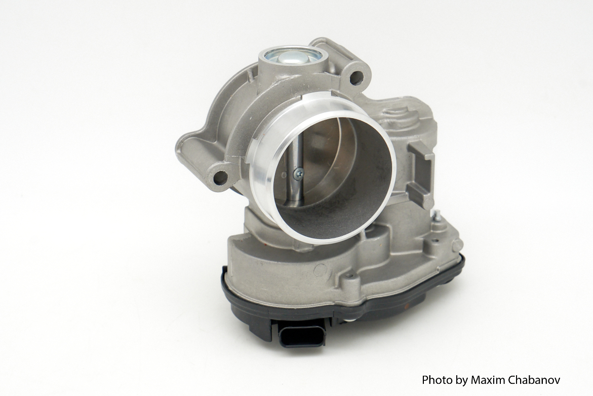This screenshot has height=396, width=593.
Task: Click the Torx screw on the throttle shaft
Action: click(298, 173)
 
